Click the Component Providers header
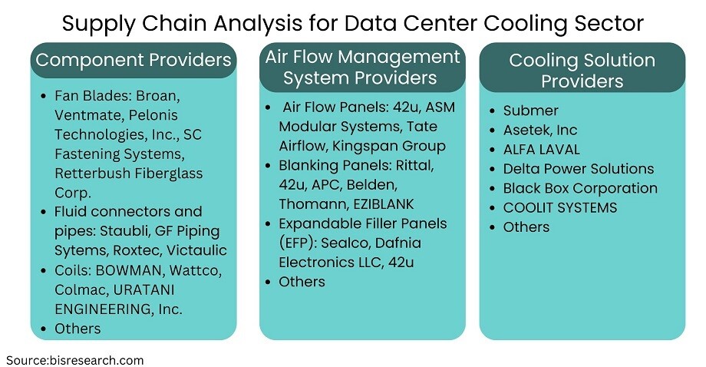[134, 60]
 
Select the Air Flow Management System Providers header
[362, 67]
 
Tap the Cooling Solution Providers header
[582, 71]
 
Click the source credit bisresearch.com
[74, 360]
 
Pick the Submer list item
[530, 111]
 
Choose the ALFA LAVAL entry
[541, 149]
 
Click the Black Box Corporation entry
[580, 188]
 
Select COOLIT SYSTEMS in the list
[559, 207]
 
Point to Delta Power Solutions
[578, 168]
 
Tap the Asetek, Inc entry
[539, 130]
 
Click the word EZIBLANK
[383, 204]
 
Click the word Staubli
[125, 231]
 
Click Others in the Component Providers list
[78, 329]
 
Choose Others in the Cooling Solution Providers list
[526, 226]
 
